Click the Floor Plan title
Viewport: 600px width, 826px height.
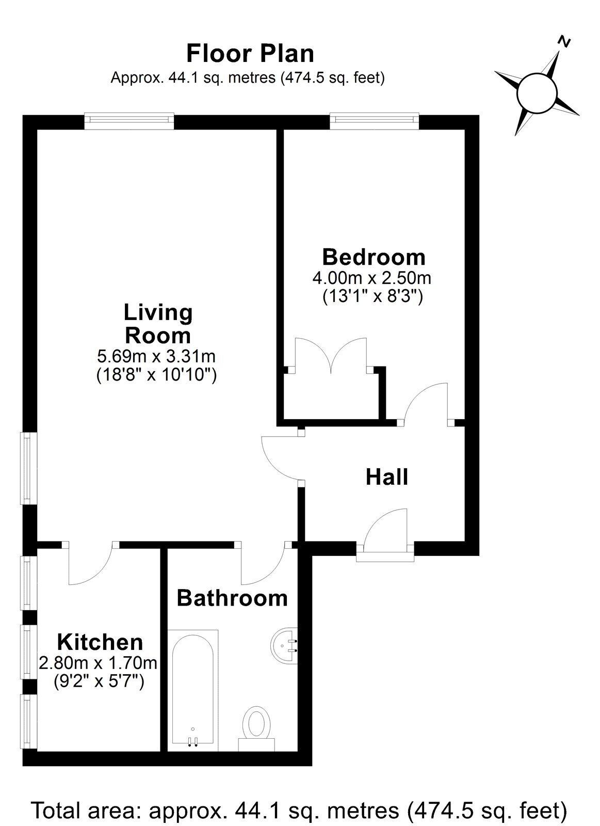point(250,54)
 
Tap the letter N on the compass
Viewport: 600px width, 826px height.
point(563,42)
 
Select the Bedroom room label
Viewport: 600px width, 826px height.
point(374,258)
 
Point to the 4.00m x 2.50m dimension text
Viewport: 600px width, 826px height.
point(372,278)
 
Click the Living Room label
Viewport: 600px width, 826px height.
point(158,324)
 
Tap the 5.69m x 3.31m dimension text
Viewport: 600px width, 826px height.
point(156,356)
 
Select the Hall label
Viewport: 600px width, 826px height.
point(386,477)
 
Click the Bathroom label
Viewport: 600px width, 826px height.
point(232,598)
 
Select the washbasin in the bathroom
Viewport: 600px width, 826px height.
point(284,645)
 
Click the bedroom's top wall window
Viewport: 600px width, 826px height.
point(375,121)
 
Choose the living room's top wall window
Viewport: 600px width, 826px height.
point(129,121)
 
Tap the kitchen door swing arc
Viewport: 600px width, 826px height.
point(94,570)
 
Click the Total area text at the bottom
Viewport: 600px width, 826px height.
point(300,808)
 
